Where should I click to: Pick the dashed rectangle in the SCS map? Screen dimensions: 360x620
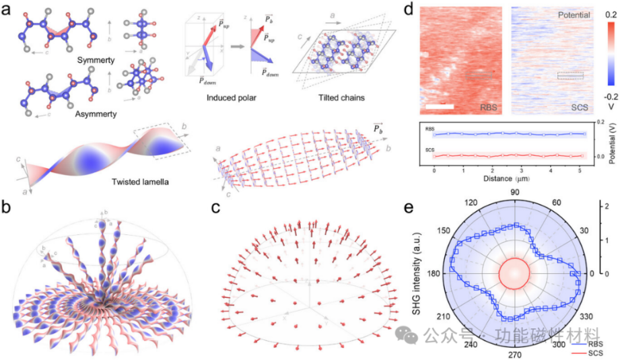[570, 76]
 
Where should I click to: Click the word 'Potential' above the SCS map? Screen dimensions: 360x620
[572, 14]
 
